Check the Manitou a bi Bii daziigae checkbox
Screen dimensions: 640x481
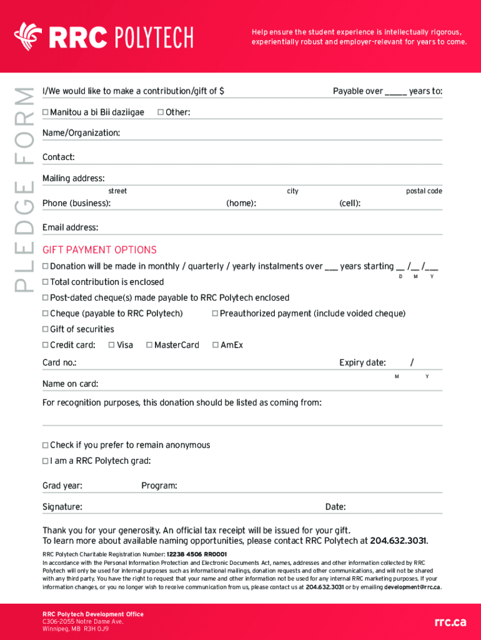coord(45,112)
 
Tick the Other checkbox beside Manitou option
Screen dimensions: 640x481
coord(161,112)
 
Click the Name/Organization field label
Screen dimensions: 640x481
coord(81,133)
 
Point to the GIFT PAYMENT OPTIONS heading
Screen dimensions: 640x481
coord(99,250)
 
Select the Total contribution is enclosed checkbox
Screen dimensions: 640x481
coord(45,282)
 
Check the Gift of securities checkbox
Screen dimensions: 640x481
coord(45,329)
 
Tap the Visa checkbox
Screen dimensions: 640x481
coord(111,345)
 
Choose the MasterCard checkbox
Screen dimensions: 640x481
coord(149,345)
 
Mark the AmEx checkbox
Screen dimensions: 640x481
coord(216,345)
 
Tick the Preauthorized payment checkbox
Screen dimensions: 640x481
coord(215,314)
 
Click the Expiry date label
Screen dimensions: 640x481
coord(362,362)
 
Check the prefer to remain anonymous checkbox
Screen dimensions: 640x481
coord(45,446)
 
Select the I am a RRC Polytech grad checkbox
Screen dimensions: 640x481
coord(45,461)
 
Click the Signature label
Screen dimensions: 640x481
coord(62,507)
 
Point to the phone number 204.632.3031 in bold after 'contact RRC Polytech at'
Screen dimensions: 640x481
coord(399,541)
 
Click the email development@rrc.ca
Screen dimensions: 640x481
coord(412,587)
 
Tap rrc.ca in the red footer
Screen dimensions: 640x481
coord(450,622)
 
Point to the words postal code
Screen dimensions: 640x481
coord(424,191)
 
